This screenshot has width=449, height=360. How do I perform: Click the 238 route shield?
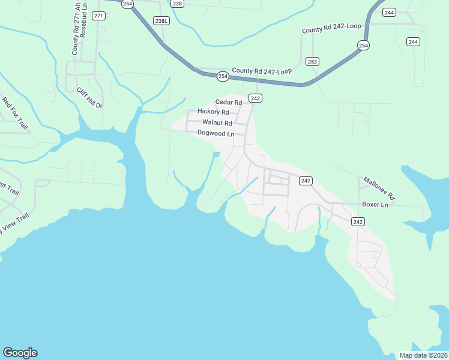[176, 4]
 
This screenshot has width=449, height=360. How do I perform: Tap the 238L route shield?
[161, 21]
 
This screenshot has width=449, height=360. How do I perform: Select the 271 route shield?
[99, 16]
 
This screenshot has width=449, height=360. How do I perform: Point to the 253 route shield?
[312, 61]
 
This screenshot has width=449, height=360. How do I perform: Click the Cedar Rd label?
[229, 102]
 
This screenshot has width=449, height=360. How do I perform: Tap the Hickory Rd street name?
[213, 112]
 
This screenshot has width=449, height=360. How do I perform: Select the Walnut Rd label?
[217, 123]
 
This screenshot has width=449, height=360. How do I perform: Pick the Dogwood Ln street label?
[215, 133]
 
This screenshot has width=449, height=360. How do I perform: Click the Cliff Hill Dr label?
[89, 98]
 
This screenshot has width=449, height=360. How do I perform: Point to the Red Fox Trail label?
[15, 113]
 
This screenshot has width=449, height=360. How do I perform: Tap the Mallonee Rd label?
[379, 188]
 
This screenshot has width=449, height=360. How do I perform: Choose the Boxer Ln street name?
[376, 205]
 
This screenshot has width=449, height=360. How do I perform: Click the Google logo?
[20, 353]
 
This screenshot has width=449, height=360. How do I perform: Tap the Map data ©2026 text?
[423, 355]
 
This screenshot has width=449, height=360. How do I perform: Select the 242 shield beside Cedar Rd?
[255, 98]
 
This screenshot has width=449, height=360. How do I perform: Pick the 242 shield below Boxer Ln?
[358, 222]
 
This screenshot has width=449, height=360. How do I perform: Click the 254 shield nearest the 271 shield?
[127, 4]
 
